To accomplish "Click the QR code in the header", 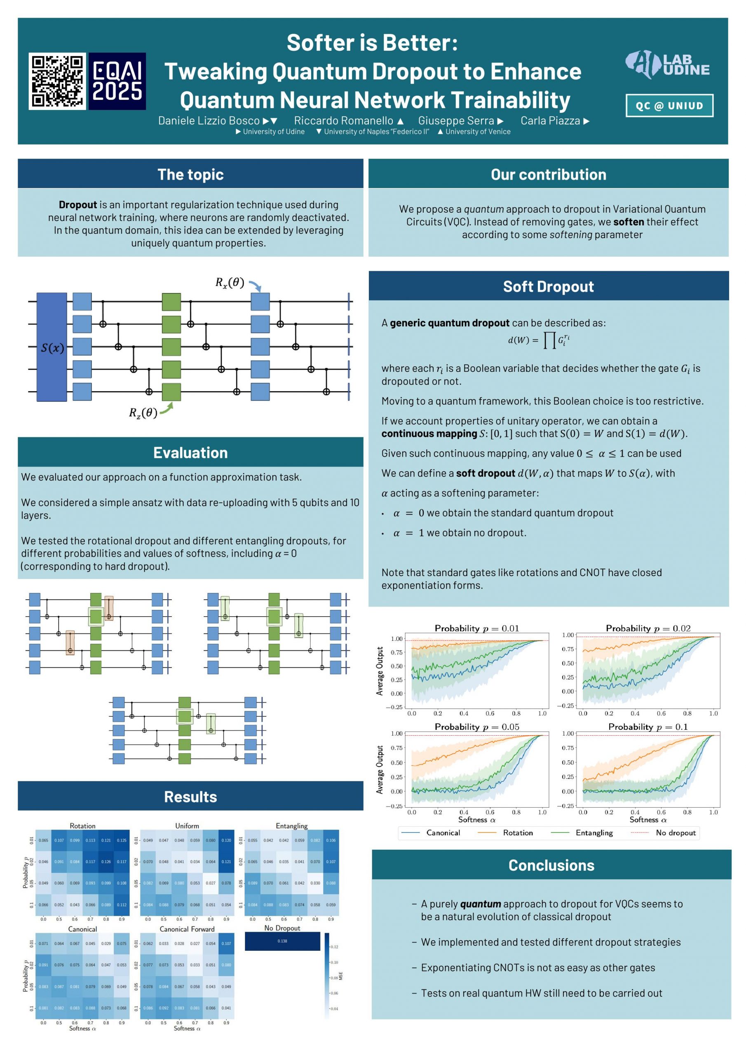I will tap(57, 81).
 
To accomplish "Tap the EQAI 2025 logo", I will tap(117, 81).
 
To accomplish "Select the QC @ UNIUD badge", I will tap(669, 105).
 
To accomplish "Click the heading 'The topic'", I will tap(190, 174).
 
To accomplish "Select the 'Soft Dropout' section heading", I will tap(548, 286).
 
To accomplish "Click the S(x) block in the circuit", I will tap(52, 347).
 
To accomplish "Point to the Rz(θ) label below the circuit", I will tap(143, 412).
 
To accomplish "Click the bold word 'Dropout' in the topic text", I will tap(77, 204).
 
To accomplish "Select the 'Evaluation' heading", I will tap(190, 452).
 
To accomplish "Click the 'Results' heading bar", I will tap(190, 796).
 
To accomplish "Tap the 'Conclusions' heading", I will tap(551, 865).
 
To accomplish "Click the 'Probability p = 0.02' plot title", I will tap(647, 628).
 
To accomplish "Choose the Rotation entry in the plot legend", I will tap(518, 832).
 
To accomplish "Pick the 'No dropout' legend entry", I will tap(675, 832).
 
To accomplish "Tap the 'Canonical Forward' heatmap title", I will tap(187, 929).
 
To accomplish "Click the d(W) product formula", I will tap(539, 340).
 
